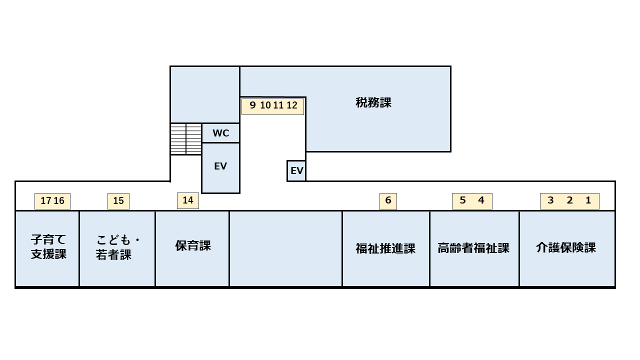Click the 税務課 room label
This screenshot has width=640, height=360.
pyautogui.click(x=373, y=102)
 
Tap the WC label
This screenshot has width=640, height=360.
pyautogui.click(x=221, y=133)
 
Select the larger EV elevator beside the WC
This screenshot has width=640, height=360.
pyautogui.click(x=220, y=168)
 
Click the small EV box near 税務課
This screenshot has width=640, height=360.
pyautogui.click(x=296, y=171)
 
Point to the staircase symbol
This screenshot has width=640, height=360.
pyautogui.click(x=186, y=139)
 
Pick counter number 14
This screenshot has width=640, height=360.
pyautogui.click(x=188, y=200)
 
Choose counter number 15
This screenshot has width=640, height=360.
pyautogui.click(x=118, y=201)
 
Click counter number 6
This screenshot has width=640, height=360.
pyautogui.click(x=388, y=200)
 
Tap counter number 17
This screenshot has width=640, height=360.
pyautogui.click(x=45, y=201)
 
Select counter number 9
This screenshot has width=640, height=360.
pyautogui.click(x=252, y=105)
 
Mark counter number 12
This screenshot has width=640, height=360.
pyautogui.click(x=292, y=105)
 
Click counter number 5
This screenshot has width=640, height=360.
pyautogui.click(x=462, y=200)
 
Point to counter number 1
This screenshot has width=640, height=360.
pyautogui.click(x=588, y=200)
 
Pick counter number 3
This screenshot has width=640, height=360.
pyautogui.click(x=550, y=200)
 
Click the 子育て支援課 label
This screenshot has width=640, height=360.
pyautogui.click(x=48, y=246)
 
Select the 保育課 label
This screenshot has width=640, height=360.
pyautogui.click(x=193, y=245)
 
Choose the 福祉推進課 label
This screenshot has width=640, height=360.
pyautogui.click(x=385, y=248)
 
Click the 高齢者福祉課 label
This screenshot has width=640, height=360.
pyautogui.click(x=473, y=248)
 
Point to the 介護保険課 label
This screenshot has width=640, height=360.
pyautogui.click(x=566, y=247)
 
